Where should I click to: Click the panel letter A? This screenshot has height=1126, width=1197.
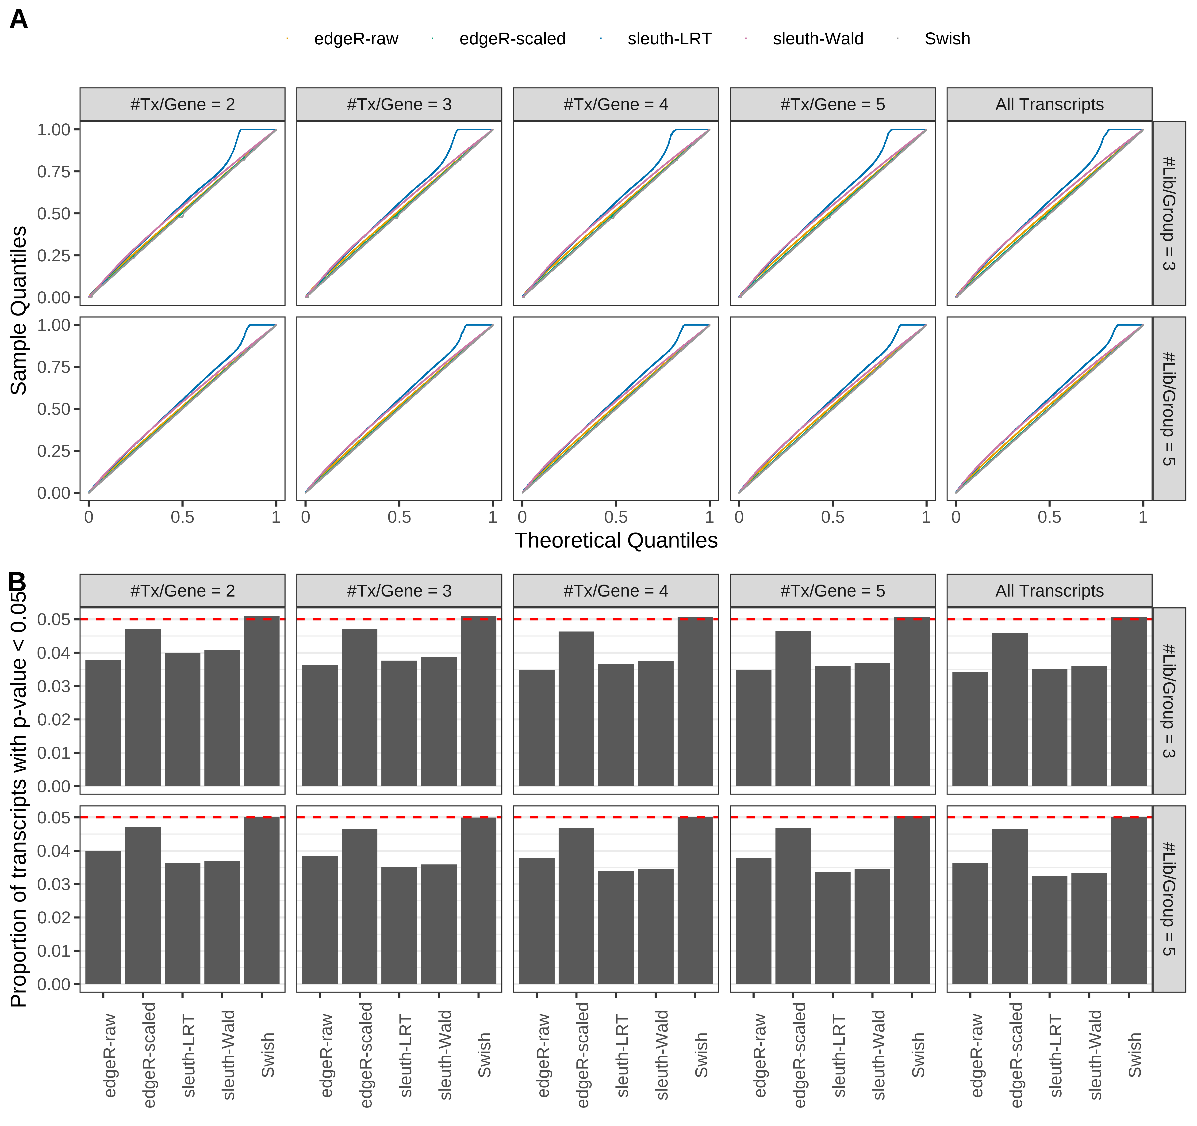click(19, 20)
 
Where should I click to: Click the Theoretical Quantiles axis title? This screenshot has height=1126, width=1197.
click(615, 540)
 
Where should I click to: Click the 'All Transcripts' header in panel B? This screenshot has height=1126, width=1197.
click(1049, 591)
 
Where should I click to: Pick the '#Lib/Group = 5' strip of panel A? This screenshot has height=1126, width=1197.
click(1168, 409)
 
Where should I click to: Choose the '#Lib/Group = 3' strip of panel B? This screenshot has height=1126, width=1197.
click(1168, 700)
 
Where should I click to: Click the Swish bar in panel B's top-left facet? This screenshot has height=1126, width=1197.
click(261, 701)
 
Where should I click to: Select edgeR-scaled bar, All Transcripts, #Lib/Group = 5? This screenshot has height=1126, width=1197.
click(1009, 906)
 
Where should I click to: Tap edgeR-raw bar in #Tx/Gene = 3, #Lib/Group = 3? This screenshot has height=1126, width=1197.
click(320, 725)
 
